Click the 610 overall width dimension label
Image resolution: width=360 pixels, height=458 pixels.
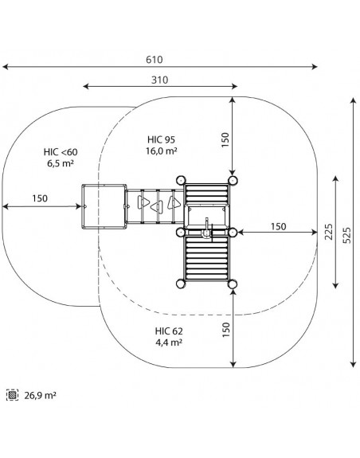pyautogui.click(x=155, y=60)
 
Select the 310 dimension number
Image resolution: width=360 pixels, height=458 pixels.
pyautogui.click(x=160, y=80)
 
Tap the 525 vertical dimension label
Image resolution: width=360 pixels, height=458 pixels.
pyautogui.click(x=346, y=235)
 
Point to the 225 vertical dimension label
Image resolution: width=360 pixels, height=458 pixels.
pyautogui.click(x=329, y=232)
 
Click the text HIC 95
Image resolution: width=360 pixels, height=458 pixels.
pyautogui.click(x=161, y=139)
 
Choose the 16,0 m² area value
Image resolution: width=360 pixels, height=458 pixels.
pyautogui.click(x=162, y=151)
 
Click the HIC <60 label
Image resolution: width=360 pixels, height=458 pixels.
pyautogui.click(x=61, y=152)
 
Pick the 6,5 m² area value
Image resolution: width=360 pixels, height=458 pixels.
pyautogui.click(x=61, y=163)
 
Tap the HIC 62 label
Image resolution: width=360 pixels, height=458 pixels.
pyautogui.click(x=169, y=331)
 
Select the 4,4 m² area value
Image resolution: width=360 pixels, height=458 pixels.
pyautogui.click(x=169, y=342)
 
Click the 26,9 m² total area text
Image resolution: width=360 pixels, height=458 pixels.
pyautogui.click(x=40, y=396)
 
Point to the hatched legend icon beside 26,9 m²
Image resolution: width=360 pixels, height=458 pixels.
pyautogui.click(x=12, y=395)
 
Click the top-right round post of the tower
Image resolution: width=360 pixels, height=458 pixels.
pyautogui.click(x=233, y=180)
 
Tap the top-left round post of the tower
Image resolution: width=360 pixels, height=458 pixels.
pyautogui.click(x=181, y=180)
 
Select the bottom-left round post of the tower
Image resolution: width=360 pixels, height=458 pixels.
pyautogui.click(x=181, y=284)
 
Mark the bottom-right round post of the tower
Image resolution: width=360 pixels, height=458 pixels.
pyautogui.click(x=233, y=284)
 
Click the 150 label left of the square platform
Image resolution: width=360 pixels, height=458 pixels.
pyautogui.click(x=40, y=198)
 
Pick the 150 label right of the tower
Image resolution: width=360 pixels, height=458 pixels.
pyautogui.click(x=278, y=226)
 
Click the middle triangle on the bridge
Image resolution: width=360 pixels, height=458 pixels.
pyautogui.click(x=156, y=207)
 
